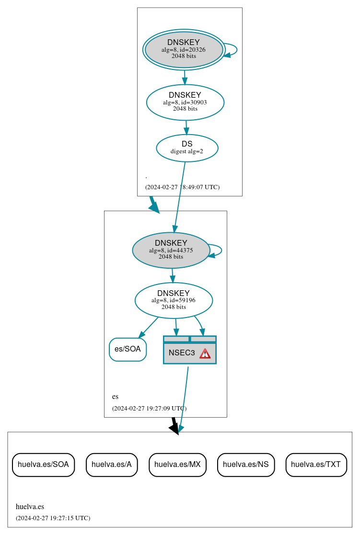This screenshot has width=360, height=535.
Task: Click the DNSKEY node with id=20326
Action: point(184,49)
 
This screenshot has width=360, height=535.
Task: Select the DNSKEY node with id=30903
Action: point(185,102)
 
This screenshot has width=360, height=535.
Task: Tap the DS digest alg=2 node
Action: point(187,148)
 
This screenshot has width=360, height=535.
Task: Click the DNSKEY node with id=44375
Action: point(171,250)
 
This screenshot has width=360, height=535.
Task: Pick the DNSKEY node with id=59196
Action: point(174,300)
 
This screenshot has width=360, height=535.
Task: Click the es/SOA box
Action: point(128,349)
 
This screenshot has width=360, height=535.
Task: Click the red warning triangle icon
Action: point(205,353)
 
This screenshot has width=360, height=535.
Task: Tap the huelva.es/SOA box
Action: point(43,464)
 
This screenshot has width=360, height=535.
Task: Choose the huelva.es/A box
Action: point(112,464)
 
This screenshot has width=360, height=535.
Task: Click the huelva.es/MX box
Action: point(177,464)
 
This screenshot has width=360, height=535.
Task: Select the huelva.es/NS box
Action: point(246,464)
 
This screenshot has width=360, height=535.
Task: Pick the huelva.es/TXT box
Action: point(316,464)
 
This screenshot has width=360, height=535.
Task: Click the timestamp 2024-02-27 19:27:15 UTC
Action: point(53,518)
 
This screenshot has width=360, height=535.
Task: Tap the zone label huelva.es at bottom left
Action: point(30,506)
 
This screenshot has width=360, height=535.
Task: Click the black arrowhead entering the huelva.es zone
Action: point(174,428)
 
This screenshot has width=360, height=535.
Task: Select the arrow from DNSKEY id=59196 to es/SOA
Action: point(149,327)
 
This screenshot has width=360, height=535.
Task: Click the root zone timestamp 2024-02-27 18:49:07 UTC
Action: point(182,187)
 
